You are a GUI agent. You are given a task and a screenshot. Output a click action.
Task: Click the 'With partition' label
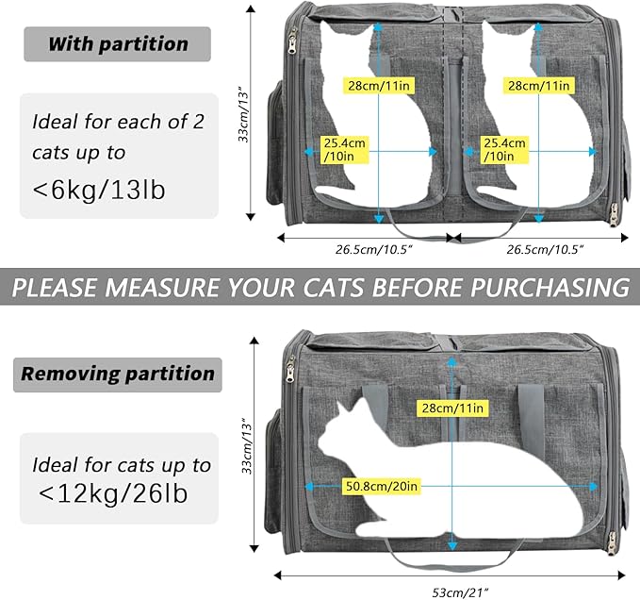coord(119,43)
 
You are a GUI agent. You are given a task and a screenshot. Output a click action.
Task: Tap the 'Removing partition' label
coord(118,375)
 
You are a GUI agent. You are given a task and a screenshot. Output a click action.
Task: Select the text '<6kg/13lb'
coord(99,190)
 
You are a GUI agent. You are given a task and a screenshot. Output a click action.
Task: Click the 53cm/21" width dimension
coord(451,591)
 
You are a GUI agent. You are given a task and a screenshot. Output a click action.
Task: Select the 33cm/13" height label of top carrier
coord(243,111)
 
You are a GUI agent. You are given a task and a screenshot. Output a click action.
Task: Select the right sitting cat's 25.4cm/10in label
coord(503,149)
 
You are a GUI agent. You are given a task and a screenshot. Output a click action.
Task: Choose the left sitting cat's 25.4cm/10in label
coord(345,149)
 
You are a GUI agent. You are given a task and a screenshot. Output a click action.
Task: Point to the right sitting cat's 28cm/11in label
coord(537,84)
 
